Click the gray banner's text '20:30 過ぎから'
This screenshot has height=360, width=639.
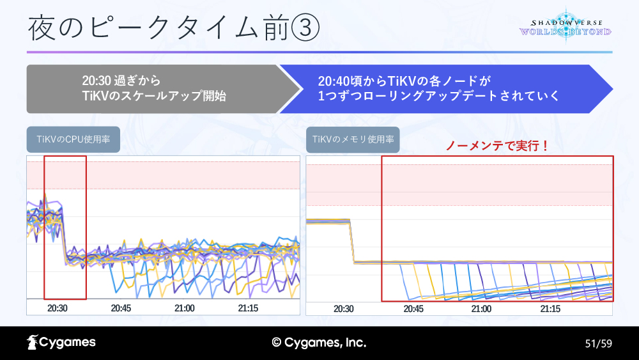click(x=121, y=81)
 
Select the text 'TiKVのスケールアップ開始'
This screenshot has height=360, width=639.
click(x=154, y=96)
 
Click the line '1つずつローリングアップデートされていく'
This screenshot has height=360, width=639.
click(x=439, y=96)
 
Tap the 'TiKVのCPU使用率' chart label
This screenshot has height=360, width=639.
click(x=73, y=140)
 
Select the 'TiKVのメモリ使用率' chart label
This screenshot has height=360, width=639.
click(x=353, y=140)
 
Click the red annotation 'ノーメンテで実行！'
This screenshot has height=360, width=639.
click(x=497, y=146)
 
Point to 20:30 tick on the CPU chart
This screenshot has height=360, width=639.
click(x=58, y=308)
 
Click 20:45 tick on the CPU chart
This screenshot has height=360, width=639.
click(x=121, y=308)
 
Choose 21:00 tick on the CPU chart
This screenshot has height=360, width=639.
click(x=184, y=308)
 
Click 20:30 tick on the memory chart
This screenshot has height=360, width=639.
click(x=343, y=308)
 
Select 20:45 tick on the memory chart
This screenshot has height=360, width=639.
click(x=413, y=308)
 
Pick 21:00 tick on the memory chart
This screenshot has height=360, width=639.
click(x=481, y=308)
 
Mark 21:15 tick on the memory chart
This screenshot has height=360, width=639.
click(x=550, y=308)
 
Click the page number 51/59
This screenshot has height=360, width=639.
click(x=599, y=343)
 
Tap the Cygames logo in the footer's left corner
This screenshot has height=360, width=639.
click(x=61, y=343)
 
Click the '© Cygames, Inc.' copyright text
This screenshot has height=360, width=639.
click(x=319, y=343)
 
